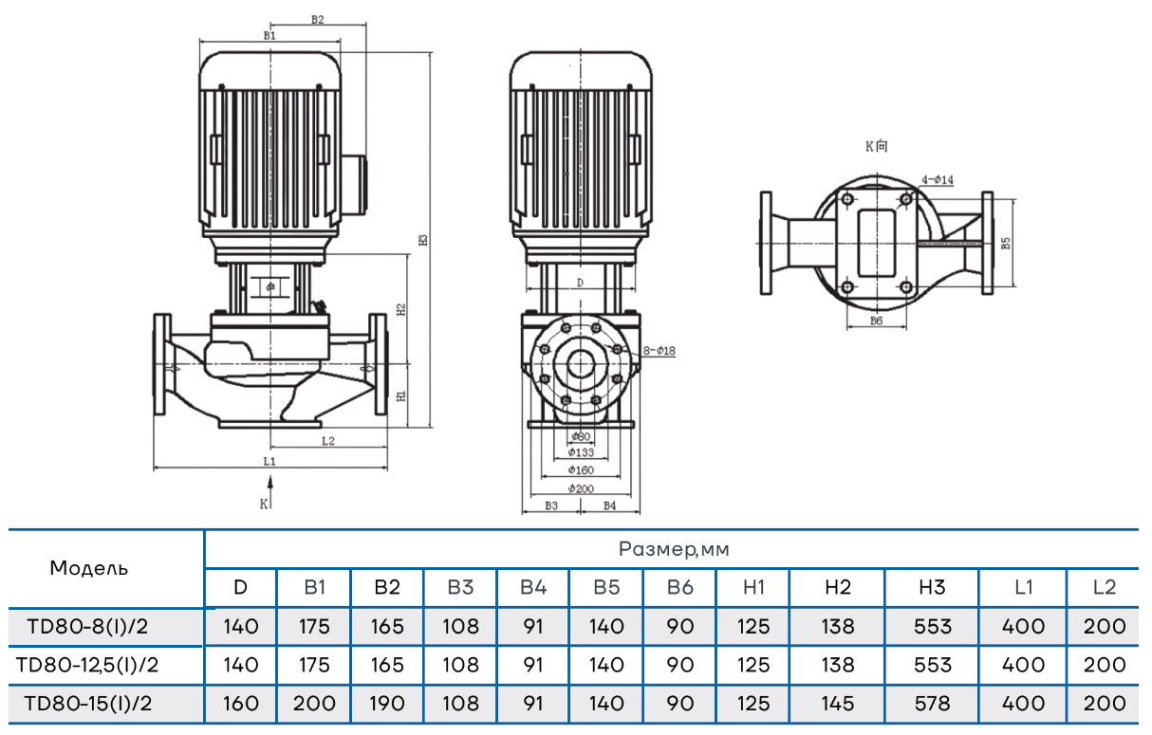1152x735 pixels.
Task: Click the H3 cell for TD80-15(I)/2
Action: click(x=932, y=704)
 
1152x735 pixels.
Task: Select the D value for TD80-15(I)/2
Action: click(x=240, y=704)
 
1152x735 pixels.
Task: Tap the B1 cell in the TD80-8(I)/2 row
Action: click(x=314, y=627)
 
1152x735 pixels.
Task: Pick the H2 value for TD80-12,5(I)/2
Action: click(x=837, y=665)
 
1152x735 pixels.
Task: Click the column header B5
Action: click(x=606, y=588)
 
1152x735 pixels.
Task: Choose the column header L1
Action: click(x=1023, y=588)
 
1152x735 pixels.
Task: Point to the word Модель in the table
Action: click(x=88, y=569)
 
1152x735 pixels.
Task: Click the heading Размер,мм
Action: click(x=674, y=549)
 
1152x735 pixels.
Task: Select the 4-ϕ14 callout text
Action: click(x=938, y=178)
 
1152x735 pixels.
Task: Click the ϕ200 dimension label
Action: click(x=581, y=488)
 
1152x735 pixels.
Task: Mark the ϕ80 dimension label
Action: click(x=581, y=436)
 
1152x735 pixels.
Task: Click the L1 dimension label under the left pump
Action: click(x=269, y=461)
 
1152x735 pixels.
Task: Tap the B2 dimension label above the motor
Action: click(x=317, y=19)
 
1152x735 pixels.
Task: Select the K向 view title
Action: click(x=877, y=146)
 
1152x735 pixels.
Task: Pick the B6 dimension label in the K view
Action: click(x=876, y=322)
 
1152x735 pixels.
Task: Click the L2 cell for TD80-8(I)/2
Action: click(x=1104, y=627)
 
